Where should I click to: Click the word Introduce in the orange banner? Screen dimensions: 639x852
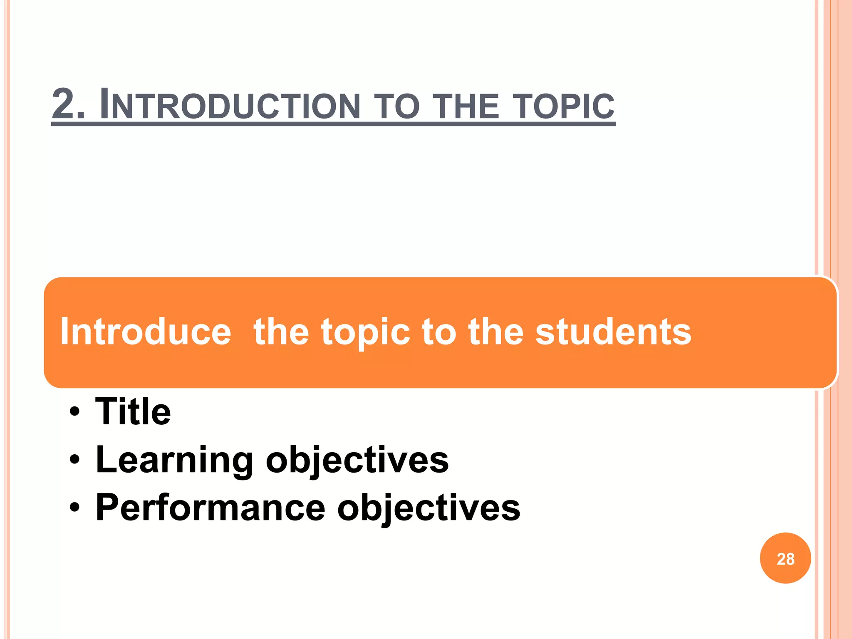click(146, 332)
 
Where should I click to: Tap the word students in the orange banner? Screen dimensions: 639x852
click(613, 332)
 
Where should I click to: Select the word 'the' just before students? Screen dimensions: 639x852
click(495, 332)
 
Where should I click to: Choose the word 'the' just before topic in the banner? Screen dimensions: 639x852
click(281, 332)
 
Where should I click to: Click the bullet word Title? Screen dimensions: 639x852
click(133, 411)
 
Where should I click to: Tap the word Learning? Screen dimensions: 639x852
click(174, 460)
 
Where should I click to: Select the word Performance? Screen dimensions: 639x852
click(210, 508)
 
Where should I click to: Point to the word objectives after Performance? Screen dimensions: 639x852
click(428, 508)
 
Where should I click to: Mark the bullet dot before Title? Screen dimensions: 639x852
click(74, 412)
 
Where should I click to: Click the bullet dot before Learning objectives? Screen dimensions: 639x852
click(74, 460)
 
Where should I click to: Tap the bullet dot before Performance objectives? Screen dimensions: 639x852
click(74, 508)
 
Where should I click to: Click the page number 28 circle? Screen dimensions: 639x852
click(785, 558)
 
